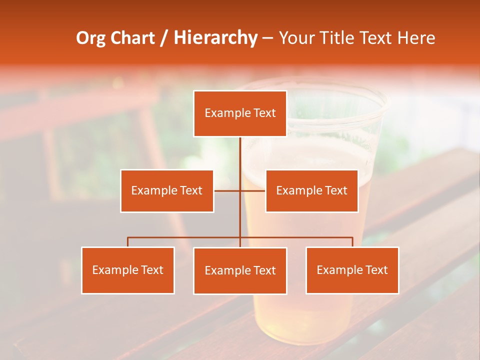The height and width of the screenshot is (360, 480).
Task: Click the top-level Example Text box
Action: pyautogui.click(x=240, y=113)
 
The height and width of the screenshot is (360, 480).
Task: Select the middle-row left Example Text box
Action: pyautogui.click(x=167, y=191)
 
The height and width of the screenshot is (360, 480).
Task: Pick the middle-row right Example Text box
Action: pyautogui.click(x=311, y=191)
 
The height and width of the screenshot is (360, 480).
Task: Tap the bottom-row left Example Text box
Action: pyautogui.click(x=128, y=270)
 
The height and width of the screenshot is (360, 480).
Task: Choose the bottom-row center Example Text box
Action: pyautogui.click(x=240, y=271)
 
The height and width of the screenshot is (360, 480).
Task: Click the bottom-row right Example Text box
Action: pyautogui.click(x=352, y=270)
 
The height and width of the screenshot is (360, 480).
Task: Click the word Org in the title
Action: pyautogui.click(x=90, y=38)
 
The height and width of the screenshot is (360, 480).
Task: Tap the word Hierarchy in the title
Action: pyautogui.click(x=215, y=38)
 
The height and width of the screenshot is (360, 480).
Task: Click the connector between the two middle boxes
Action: pyautogui.click(x=240, y=191)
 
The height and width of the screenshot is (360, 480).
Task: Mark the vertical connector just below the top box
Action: pyautogui.click(x=240, y=152)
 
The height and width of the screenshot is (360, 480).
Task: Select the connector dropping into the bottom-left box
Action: pyautogui.click(x=128, y=242)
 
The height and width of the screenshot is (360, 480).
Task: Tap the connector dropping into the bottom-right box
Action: pyautogui.click(x=352, y=242)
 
